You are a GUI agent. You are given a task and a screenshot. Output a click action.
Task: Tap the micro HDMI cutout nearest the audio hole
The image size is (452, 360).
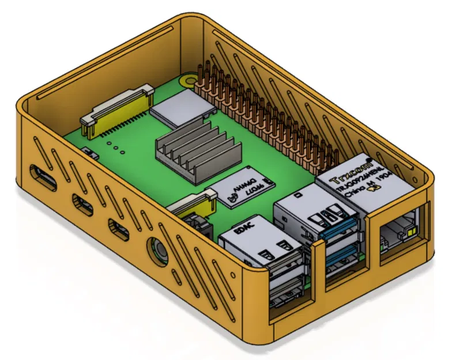click(x=120, y=229)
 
